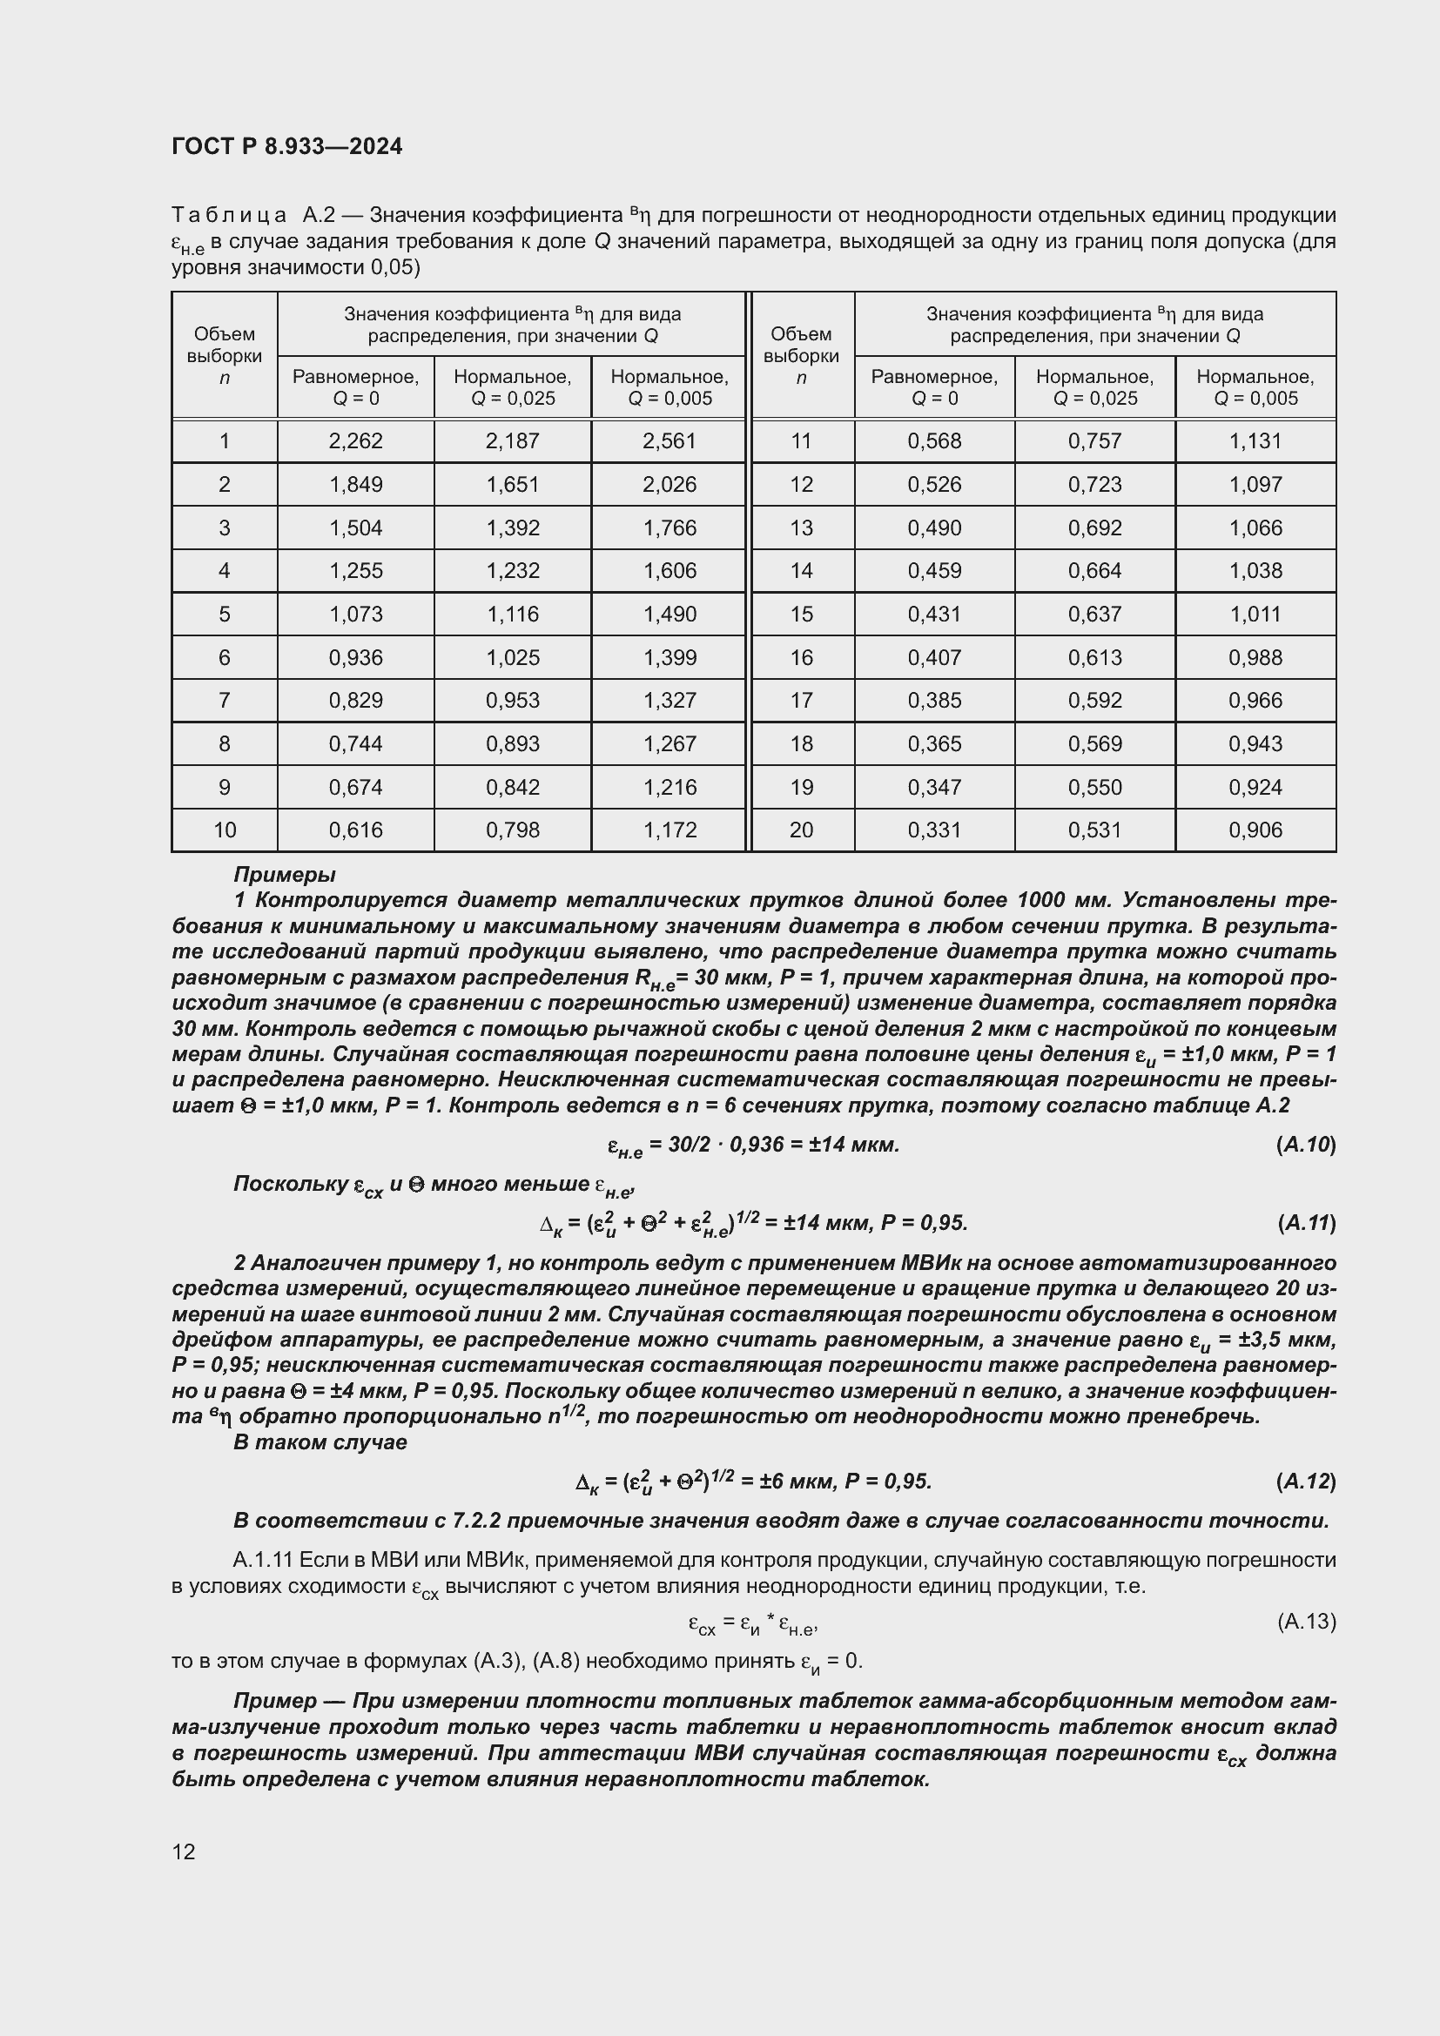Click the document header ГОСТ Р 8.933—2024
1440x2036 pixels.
point(286,146)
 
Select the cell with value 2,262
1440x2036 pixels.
point(354,440)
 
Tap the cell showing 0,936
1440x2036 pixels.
point(354,657)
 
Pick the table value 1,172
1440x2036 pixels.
point(670,830)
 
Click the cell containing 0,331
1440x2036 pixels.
point(933,830)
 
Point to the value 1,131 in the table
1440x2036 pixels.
point(1255,440)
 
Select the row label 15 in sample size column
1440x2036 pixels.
point(801,614)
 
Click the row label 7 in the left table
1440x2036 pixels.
point(225,701)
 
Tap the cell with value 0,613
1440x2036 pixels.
point(1094,657)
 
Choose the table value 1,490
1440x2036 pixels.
point(670,614)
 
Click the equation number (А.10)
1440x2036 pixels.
point(1305,1145)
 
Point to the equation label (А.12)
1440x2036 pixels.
point(1305,1482)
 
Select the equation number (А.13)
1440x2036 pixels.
point(1305,1622)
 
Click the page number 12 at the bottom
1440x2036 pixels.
point(184,1851)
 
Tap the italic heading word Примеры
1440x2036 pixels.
point(284,875)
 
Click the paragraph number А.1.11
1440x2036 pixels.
point(263,1560)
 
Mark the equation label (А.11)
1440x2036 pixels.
point(1305,1224)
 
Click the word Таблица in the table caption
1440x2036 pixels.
point(229,216)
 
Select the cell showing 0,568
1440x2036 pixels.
point(933,440)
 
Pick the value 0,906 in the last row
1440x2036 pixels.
point(1255,830)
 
